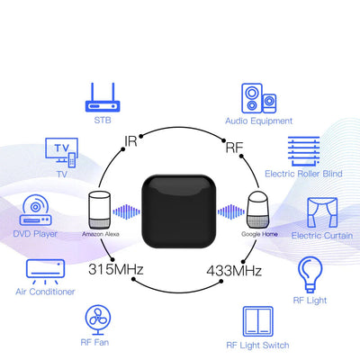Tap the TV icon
pos(61,153)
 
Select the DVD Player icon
pos(35,210)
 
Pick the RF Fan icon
pos(98,319)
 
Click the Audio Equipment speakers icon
pos(259,98)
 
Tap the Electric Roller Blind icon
pos(303,151)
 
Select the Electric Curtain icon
pos(322,212)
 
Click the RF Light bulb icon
pos(310,274)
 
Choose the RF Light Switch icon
pos(258,321)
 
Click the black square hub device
pos(179,211)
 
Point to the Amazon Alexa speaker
pos(100,210)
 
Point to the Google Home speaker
pos(258,210)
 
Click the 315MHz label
pos(116,269)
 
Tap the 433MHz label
pos(234,271)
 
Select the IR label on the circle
pos(130,141)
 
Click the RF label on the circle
pos(234,148)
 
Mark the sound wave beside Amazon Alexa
pos(126,211)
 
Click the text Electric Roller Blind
pos(303,174)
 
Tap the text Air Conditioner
pos(45,292)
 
